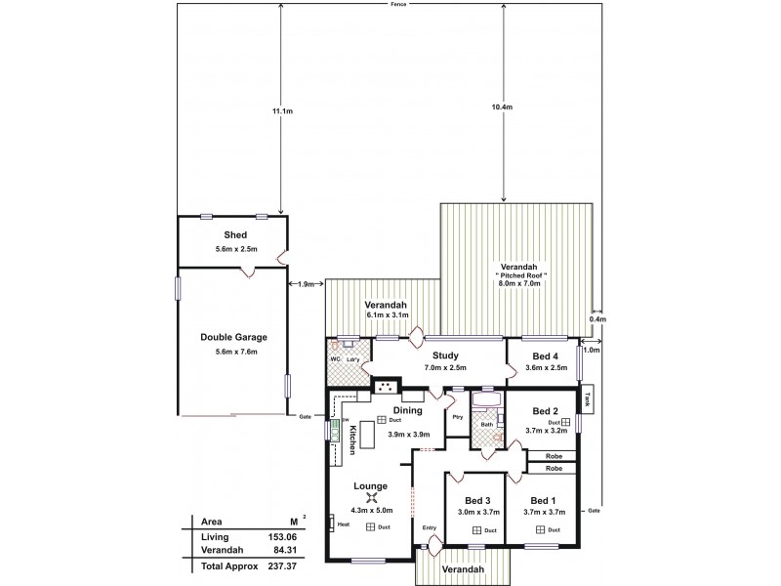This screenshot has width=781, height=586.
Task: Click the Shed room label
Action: (234, 235)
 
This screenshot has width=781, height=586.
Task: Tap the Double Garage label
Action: (234, 337)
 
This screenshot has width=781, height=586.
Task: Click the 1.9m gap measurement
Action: (307, 284)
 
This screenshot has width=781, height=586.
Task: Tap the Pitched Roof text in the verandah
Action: (518, 276)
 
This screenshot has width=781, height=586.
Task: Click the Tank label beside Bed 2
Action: (587, 400)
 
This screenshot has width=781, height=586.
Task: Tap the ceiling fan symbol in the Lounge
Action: (372, 498)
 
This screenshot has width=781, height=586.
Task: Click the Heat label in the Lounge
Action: (344, 524)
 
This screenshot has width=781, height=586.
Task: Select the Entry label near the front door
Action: (430, 528)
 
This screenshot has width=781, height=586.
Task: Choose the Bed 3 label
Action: (476, 498)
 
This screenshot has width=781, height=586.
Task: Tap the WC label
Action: (334, 360)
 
